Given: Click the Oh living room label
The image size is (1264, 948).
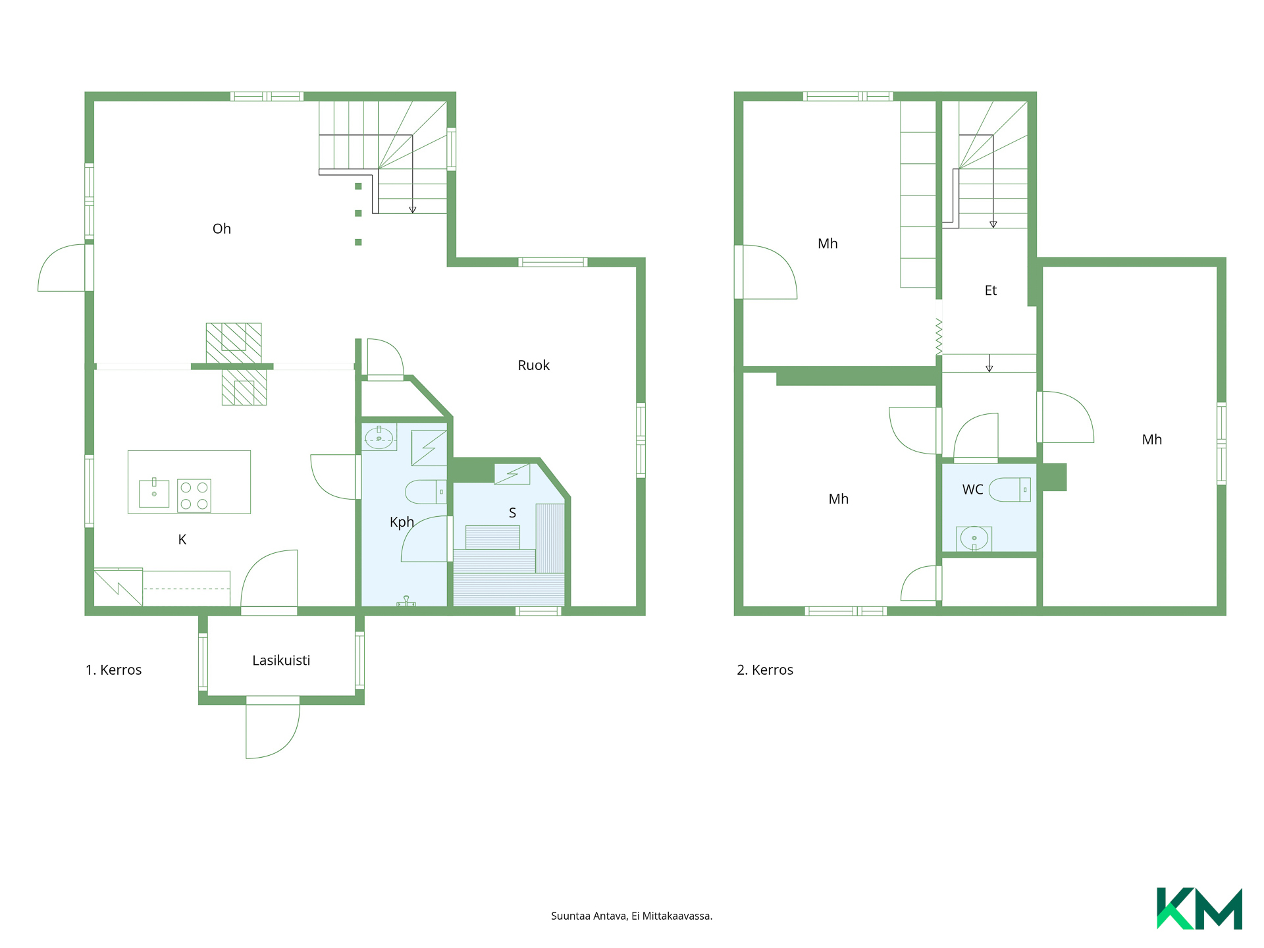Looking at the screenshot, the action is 222,229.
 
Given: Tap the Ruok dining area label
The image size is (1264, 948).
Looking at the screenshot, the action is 533,365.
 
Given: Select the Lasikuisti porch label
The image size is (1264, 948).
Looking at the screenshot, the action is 281,660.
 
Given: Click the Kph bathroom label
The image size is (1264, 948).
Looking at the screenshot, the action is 402,522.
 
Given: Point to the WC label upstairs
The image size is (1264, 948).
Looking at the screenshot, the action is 972,490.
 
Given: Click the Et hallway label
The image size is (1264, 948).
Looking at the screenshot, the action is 991,290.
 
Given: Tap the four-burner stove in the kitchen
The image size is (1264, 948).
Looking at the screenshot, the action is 194,496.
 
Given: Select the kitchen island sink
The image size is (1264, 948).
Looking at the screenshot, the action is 154,493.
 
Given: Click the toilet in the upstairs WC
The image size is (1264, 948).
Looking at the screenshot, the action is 1010,490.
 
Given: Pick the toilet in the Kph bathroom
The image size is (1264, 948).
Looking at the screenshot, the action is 425,492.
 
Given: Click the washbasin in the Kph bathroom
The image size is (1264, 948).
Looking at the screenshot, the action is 379,437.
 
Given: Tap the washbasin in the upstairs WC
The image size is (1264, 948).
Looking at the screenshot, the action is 974,539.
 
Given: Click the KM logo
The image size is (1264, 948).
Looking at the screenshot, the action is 1199,908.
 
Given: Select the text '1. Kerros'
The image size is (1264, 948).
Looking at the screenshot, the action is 114,670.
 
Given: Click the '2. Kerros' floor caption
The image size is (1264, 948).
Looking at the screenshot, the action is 765,670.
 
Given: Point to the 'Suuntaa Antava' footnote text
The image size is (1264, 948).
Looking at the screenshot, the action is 589,916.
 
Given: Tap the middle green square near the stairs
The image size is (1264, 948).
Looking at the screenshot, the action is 358,213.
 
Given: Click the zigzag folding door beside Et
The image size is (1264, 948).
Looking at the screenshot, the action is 939,337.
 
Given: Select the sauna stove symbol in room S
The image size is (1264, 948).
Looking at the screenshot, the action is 512,474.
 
